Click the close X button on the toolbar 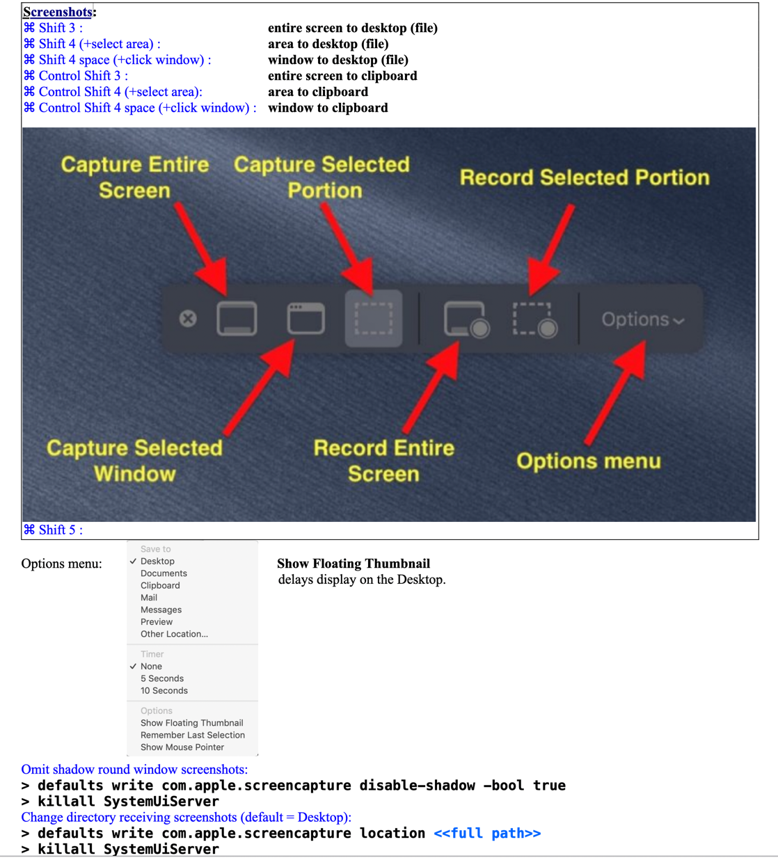click(188, 319)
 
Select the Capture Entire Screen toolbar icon click(237, 319)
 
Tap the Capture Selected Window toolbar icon click(306, 319)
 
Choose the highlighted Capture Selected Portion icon click(374, 319)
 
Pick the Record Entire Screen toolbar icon click(466, 319)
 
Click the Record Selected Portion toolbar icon click(535, 319)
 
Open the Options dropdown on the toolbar click(642, 319)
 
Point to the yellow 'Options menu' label click(589, 461)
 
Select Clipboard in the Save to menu click(160, 585)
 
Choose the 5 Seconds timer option click(162, 678)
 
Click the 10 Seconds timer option click(164, 690)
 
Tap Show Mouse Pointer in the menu click(182, 747)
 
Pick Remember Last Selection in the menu click(193, 735)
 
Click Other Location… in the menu click(174, 634)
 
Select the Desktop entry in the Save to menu click(157, 561)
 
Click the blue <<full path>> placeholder click(487, 833)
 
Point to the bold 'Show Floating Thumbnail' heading click(354, 564)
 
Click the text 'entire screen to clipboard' click(342, 76)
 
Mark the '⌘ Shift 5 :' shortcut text click(54, 530)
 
